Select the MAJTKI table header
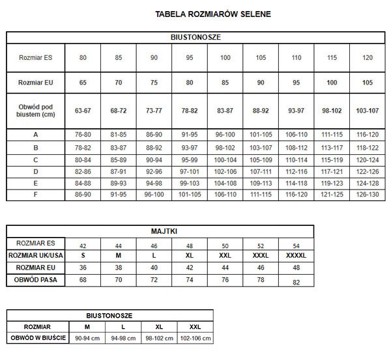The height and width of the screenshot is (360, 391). [160, 230]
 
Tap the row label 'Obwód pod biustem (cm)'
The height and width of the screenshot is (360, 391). [35, 111]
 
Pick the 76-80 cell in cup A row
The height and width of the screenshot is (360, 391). [83, 135]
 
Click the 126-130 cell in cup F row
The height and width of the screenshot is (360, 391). [367, 194]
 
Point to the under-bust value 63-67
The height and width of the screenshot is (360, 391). [83, 111]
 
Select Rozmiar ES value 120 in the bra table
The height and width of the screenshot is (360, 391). [367, 58]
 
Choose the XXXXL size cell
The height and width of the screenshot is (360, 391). [297, 255]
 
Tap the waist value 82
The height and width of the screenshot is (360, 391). [297, 282]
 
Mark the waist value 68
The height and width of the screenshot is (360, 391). [83, 279]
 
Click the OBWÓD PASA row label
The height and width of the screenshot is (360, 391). [36, 279]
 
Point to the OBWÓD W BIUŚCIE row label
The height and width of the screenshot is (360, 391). [38, 338]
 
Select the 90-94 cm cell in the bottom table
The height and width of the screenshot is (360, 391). [87, 338]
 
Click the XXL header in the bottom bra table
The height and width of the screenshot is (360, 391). [194, 326]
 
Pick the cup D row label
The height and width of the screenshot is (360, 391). [35, 171]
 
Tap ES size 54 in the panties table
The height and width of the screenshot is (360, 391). [297, 245]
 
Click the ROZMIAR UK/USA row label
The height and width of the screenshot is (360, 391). [36, 255]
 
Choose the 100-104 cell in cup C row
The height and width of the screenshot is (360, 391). [225, 159]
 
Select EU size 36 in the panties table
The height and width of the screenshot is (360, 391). [83, 267]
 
